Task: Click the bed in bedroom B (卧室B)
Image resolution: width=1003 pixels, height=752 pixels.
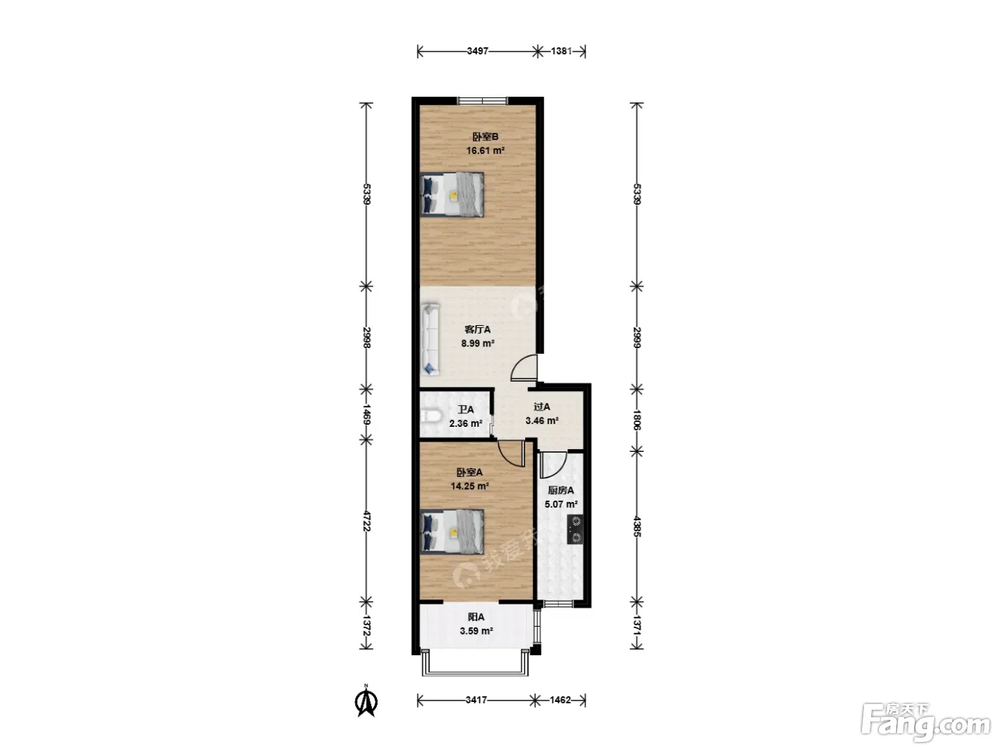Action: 452,194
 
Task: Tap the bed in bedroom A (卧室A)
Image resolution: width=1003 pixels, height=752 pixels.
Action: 452,531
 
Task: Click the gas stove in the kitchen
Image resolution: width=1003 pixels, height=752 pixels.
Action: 575,529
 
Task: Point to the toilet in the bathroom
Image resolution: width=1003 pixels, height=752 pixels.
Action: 430,416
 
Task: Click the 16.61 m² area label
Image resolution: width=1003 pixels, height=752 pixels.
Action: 485,150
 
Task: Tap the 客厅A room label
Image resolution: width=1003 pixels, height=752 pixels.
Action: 478,329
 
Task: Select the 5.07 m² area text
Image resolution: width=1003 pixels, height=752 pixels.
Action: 561,504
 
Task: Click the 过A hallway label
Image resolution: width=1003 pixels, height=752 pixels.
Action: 542,407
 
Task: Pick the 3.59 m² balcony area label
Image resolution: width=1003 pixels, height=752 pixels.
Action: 476,632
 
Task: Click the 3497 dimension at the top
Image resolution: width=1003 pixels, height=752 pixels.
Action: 478,51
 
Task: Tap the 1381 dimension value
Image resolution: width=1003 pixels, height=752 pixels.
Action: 561,51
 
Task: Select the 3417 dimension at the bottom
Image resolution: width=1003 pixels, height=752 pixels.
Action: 476,700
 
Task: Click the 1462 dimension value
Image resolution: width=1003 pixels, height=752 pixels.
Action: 560,700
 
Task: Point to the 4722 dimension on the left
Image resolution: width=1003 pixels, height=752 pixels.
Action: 366,521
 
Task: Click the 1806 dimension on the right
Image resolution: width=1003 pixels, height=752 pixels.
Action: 638,420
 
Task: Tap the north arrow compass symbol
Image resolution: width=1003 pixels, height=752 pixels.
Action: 366,702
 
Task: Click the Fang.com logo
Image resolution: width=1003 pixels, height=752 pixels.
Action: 926,723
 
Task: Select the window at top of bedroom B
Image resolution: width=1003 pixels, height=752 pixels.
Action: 483,101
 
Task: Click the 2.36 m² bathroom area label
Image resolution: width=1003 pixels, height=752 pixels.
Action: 466,424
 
